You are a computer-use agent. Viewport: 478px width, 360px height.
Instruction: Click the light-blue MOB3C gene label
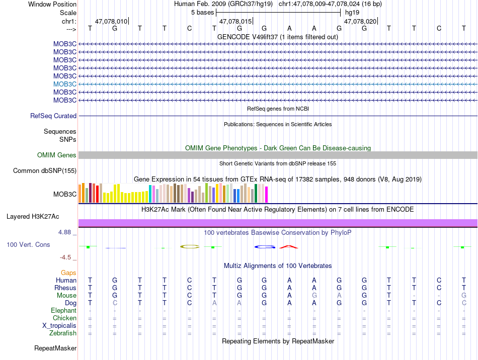coord(65,84)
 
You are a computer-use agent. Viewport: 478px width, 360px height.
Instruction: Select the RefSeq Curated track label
coord(53,116)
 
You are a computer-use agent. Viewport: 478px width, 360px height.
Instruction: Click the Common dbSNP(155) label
coord(45,171)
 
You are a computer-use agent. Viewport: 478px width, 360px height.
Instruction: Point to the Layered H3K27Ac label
coord(33,217)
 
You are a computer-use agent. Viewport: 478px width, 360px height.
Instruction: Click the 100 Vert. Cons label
coord(28,244)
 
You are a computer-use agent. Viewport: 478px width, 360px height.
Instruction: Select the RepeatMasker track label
coord(55,348)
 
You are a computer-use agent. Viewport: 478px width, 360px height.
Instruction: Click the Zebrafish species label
coord(63,333)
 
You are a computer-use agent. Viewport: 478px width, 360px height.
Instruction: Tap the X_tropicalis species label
coord(59,325)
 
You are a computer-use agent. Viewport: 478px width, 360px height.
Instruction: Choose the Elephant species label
coord(63,310)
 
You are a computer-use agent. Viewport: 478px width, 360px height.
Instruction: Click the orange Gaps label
coord(68,273)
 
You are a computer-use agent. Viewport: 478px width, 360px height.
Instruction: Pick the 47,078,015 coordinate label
coord(235,22)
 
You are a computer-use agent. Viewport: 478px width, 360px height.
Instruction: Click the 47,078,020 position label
coord(360,22)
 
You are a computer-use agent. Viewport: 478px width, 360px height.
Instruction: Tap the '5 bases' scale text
coord(202,12)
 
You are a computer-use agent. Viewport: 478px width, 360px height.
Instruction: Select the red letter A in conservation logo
coord(289,246)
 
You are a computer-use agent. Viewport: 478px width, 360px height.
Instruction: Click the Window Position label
coord(52,4)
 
